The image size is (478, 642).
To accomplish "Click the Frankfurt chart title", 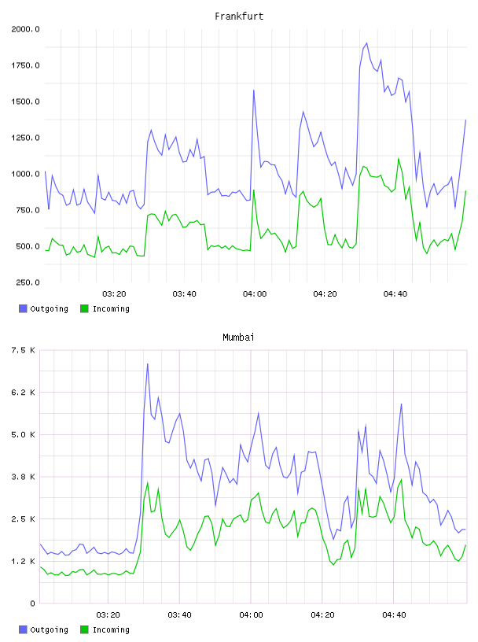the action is pyautogui.click(x=239, y=17).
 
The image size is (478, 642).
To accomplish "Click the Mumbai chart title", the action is pyautogui.click(x=238, y=338).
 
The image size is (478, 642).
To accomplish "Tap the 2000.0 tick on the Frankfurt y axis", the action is pyautogui.click(x=25, y=29).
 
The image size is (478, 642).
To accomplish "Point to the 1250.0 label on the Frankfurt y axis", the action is pyautogui.click(x=25, y=138).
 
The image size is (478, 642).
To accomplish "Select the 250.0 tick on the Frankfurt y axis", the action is pyautogui.click(x=28, y=282).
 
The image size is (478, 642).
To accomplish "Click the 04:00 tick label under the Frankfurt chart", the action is pyautogui.click(x=255, y=294).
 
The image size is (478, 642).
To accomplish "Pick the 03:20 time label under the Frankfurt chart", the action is pyautogui.click(x=114, y=294).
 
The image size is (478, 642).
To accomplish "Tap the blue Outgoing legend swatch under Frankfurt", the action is pyautogui.click(x=23, y=308).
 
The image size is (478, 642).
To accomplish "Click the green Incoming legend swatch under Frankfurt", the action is pyautogui.click(x=84, y=308).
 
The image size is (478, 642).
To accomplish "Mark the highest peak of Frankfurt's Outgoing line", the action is pyautogui.click(x=366, y=43).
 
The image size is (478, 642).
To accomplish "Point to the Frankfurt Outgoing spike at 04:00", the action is pyautogui.click(x=254, y=90).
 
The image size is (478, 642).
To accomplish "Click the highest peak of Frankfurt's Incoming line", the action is pyautogui.click(x=398, y=159).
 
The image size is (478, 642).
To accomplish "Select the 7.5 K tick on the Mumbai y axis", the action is pyautogui.click(x=24, y=350).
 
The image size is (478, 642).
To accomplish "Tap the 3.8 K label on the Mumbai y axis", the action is pyautogui.click(x=24, y=477).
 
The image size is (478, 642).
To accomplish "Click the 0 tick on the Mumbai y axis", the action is pyautogui.click(x=33, y=603).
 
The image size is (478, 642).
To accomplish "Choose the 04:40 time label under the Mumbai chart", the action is pyautogui.click(x=394, y=615).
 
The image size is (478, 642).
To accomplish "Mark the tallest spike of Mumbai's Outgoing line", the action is pyautogui.click(x=147, y=364).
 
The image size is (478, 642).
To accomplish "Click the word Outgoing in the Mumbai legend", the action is pyautogui.click(x=49, y=629).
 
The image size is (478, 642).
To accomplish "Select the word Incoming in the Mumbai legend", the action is pyautogui.click(x=111, y=629).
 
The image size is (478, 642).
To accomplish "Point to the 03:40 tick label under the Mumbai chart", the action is pyautogui.click(x=180, y=615).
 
